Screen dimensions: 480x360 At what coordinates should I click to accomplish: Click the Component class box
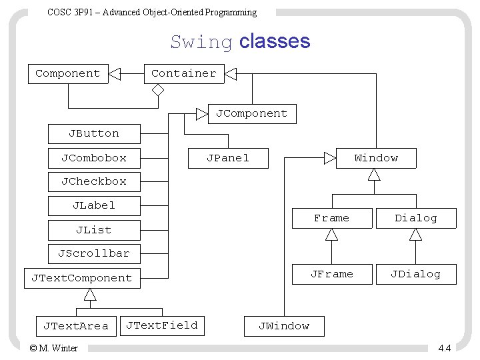point(68,74)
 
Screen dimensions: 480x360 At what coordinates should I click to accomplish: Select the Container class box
point(184,74)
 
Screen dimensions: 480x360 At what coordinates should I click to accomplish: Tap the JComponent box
point(252,114)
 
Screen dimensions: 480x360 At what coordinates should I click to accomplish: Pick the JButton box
point(94,134)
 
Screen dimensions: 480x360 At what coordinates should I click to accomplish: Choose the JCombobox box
point(94,158)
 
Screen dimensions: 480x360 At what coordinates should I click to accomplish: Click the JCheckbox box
point(94,182)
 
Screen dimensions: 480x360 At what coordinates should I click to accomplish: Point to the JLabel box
point(94,206)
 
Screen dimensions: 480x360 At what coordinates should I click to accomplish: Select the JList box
point(94,230)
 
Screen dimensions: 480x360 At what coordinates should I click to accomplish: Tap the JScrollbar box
point(94,254)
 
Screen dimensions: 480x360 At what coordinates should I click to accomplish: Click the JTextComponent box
point(83,278)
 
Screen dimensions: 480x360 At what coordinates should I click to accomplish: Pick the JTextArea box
point(76,326)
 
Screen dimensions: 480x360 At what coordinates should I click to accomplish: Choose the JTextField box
point(162,326)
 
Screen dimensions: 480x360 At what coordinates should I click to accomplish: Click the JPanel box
point(229,158)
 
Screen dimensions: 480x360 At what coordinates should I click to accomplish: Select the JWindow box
point(284,326)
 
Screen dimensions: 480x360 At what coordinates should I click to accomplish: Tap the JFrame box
point(332,274)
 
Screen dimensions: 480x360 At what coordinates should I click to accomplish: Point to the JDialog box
point(416,274)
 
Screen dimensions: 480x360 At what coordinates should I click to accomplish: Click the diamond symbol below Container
point(158,90)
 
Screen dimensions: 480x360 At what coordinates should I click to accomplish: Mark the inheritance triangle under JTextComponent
point(90,295)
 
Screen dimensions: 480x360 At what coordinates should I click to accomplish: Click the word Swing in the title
point(201,42)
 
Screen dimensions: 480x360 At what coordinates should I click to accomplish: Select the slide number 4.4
point(445,348)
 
